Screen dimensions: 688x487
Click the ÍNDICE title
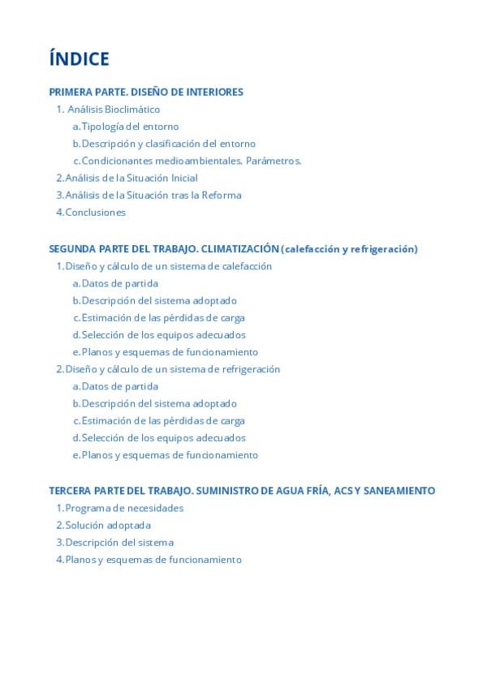79,59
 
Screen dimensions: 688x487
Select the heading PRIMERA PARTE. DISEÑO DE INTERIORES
146,92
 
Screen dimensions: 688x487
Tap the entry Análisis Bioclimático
114,110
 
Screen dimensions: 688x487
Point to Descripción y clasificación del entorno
168,144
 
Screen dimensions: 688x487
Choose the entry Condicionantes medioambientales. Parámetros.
191,161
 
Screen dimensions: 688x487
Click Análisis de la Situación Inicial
131,178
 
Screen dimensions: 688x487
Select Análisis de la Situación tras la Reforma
153,195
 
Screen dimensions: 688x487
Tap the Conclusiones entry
95,212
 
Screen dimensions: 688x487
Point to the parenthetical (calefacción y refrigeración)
350,249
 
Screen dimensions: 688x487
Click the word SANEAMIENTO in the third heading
399,491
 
